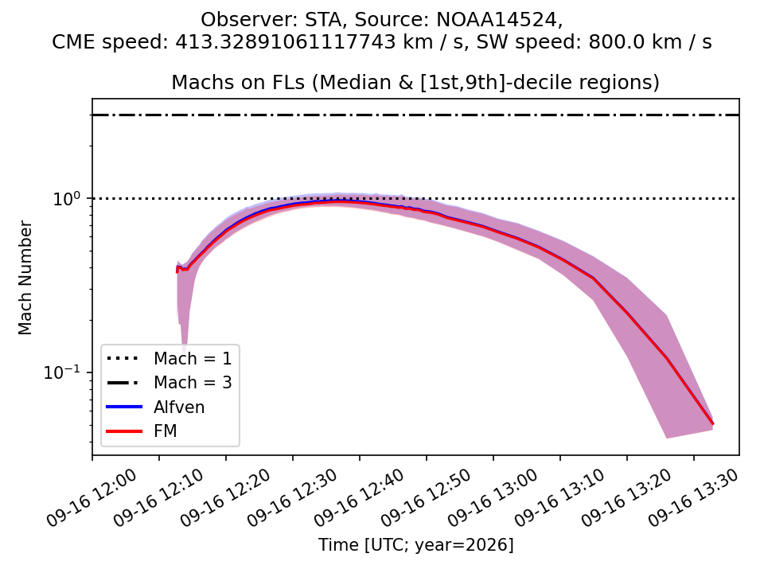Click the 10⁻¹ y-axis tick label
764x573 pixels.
[x=62, y=372]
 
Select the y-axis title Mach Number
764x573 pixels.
[x=25, y=278]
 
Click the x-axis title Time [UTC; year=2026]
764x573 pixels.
[x=416, y=544]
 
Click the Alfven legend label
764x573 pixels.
[x=179, y=407]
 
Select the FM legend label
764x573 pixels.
[x=166, y=431]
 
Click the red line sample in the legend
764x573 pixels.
[x=124, y=431]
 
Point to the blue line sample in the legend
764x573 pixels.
[x=124, y=407]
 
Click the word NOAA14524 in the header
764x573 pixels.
[x=500, y=20]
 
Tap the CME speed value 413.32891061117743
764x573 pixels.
[x=285, y=42]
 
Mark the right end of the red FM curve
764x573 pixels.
[x=713, y=424]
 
